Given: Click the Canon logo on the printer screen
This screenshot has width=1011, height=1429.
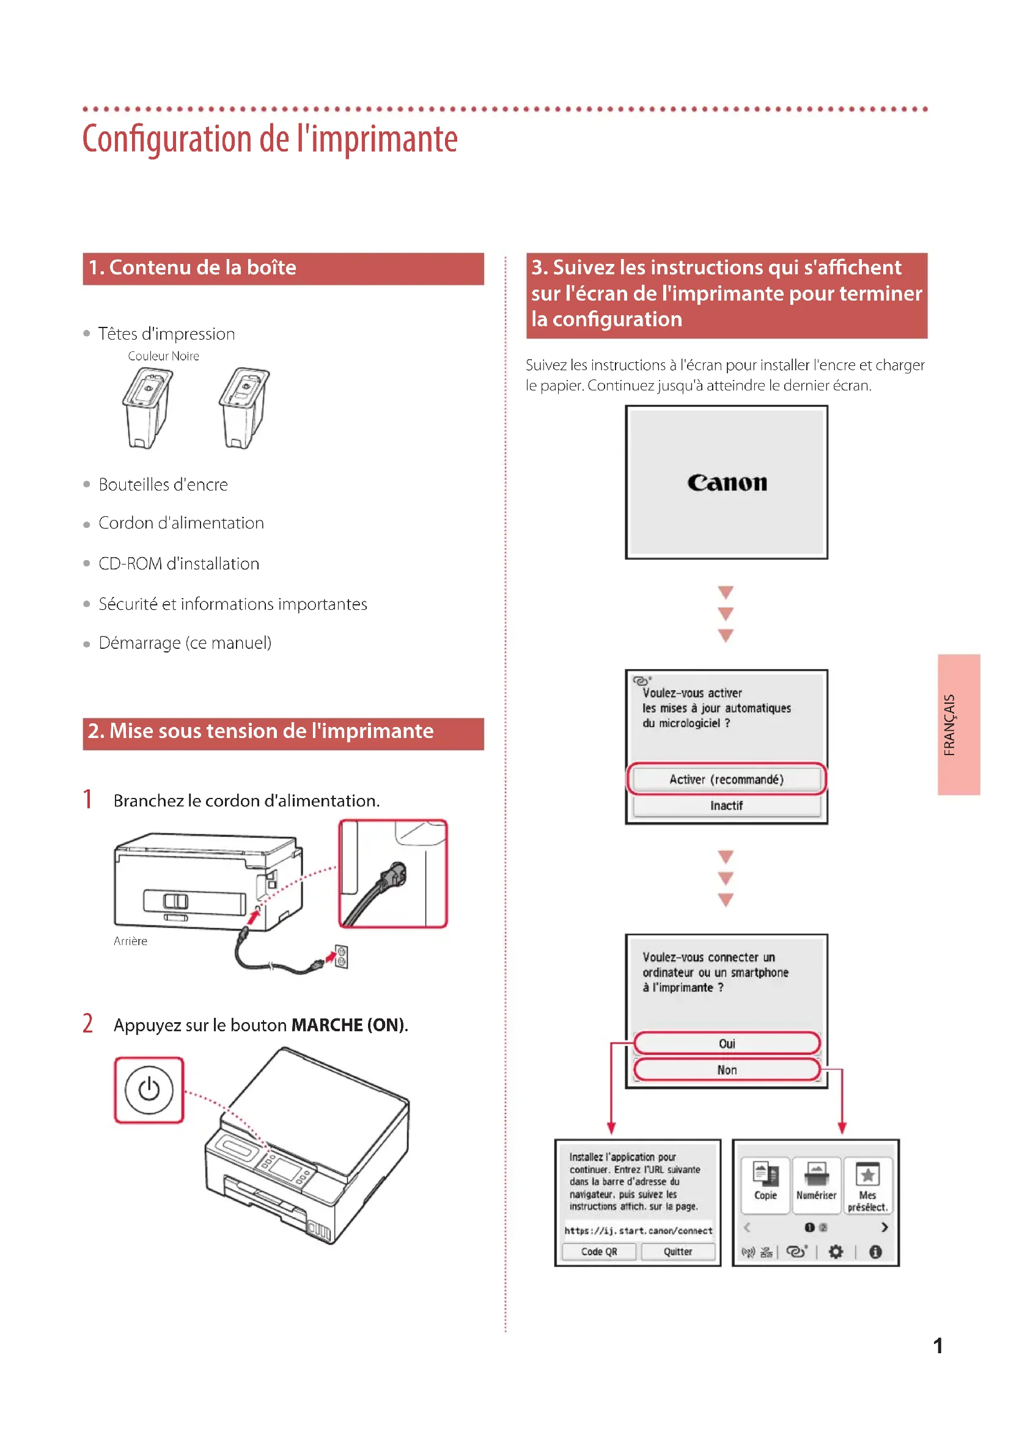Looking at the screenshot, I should click(x=727, y=483).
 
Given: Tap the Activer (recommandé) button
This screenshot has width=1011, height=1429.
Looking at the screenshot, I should click(x=726, y=779).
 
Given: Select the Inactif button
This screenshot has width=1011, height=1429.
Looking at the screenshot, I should click(x=726, y=805).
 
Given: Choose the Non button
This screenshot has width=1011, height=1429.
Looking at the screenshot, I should click(x=726, y=1070).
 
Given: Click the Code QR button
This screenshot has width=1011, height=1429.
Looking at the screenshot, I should click(x=598, y=1252).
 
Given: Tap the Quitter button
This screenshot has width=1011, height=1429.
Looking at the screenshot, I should click(x=677, y=1252).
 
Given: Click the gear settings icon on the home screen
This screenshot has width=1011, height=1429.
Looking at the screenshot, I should click(x=836, y=1252).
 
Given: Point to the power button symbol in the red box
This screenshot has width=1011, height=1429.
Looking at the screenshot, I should click(x=149, y=1090).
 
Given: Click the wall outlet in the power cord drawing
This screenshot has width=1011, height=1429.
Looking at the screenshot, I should click(x=341, y=957).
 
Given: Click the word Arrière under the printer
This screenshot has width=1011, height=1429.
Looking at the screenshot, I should click(x=130, y=941).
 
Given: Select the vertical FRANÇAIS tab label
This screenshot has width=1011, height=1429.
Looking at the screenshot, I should click(x=949, y=725).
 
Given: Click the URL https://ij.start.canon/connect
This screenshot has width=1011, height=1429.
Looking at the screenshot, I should click(x=638, y=1230).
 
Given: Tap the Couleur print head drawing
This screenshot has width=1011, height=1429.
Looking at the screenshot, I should click(x=146, y=408).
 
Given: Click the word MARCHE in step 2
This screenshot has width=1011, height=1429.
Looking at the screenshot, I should click(x=327, y=1025).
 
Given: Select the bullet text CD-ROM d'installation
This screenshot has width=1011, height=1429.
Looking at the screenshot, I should click(x=178, y=564).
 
